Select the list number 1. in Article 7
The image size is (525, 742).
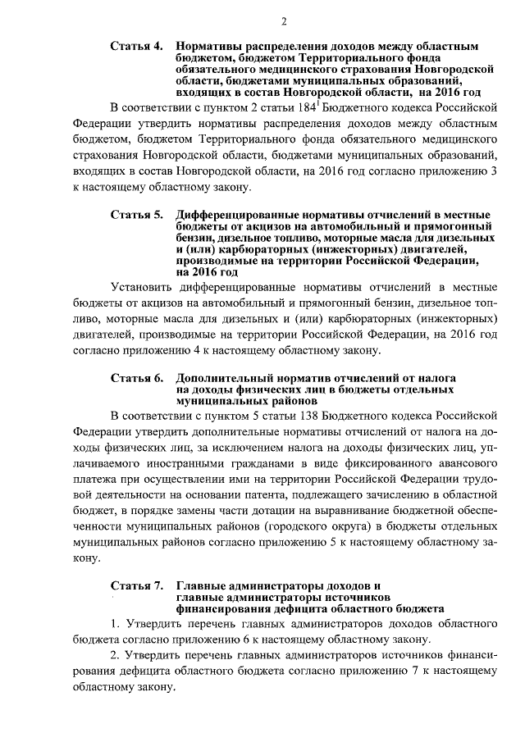click(x=116, y=624)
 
